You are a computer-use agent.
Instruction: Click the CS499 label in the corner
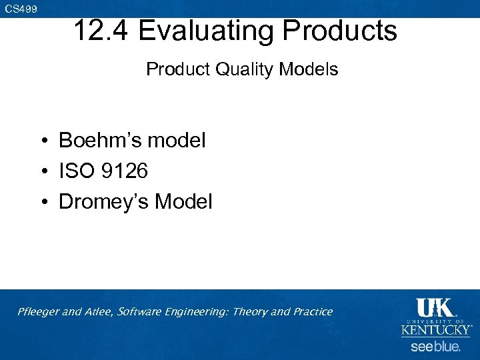[x=21, y=9]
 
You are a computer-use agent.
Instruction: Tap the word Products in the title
[x=339, y=31]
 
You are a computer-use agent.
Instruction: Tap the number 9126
[x=126, y=171]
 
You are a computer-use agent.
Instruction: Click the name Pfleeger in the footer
[x=39, y=312]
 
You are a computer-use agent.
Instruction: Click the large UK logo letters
[x=435, y=308]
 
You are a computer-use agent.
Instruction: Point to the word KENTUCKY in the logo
[x=436, y=330]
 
